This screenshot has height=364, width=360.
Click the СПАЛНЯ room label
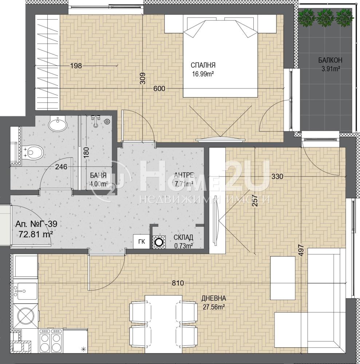203,65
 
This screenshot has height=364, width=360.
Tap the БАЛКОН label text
330,60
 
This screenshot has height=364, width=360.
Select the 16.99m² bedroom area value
203,74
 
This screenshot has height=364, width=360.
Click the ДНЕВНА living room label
214,298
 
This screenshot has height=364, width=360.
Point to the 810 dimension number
178,283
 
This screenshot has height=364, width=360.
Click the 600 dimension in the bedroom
159,88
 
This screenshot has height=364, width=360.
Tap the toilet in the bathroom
33,152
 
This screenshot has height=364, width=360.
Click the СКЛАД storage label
183,237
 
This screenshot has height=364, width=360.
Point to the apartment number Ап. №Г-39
36,224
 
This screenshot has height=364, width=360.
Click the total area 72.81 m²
36,234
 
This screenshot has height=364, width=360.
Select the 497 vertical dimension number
301,250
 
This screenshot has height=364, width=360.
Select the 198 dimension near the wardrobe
76,66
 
